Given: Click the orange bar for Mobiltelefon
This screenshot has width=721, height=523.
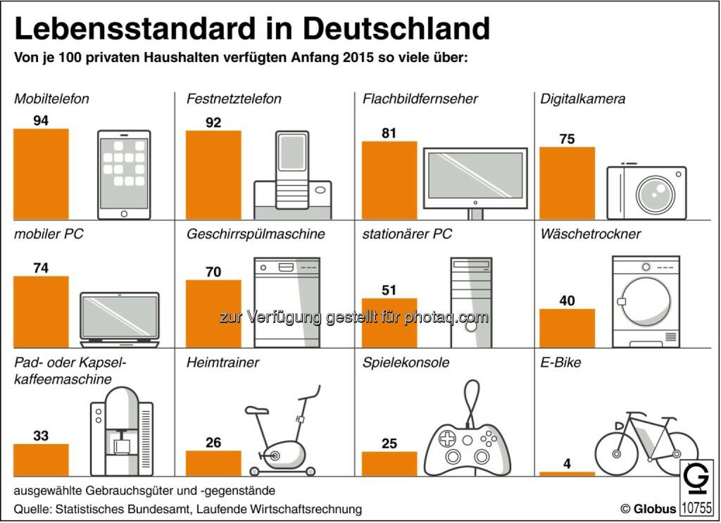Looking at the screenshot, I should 41,174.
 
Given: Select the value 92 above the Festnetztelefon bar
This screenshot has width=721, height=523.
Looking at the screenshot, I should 213,122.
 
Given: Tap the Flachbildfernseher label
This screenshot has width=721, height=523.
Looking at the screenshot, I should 420,99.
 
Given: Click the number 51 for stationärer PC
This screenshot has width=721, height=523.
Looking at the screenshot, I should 389,290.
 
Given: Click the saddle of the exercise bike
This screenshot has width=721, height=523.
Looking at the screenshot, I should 257,410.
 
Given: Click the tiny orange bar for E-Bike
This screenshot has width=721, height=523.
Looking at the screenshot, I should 567,474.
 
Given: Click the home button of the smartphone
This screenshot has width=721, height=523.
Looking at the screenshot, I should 124,213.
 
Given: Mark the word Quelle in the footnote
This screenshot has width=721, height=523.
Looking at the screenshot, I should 32,508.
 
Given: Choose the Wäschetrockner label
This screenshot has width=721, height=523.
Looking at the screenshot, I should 591,234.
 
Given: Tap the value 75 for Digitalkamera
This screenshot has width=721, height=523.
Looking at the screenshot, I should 567,139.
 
